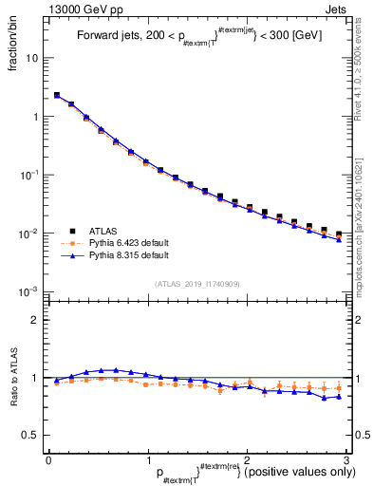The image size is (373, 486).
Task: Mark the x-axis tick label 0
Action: pyautogui.click(x=48, y=460)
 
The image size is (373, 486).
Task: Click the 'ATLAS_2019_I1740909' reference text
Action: pyautogui.click(x=196, y=284)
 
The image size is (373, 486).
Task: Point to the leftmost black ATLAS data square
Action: pyautogui.click(x=57, y=96)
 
